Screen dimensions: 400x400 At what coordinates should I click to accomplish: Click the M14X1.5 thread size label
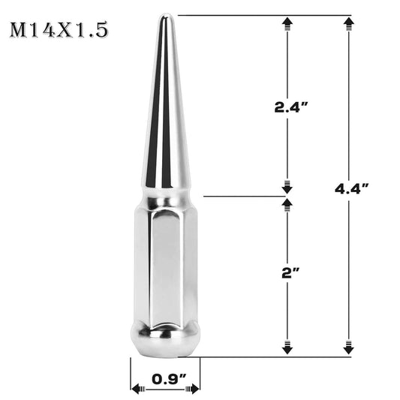pos(59,31)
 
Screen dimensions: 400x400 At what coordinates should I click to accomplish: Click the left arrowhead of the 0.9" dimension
pos(137,389)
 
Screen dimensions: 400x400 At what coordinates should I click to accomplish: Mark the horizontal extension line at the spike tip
pos(263,15)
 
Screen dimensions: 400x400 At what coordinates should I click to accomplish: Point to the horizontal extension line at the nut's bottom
pos(278,356)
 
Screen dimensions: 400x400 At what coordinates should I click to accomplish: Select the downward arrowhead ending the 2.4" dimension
pos(286,187)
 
